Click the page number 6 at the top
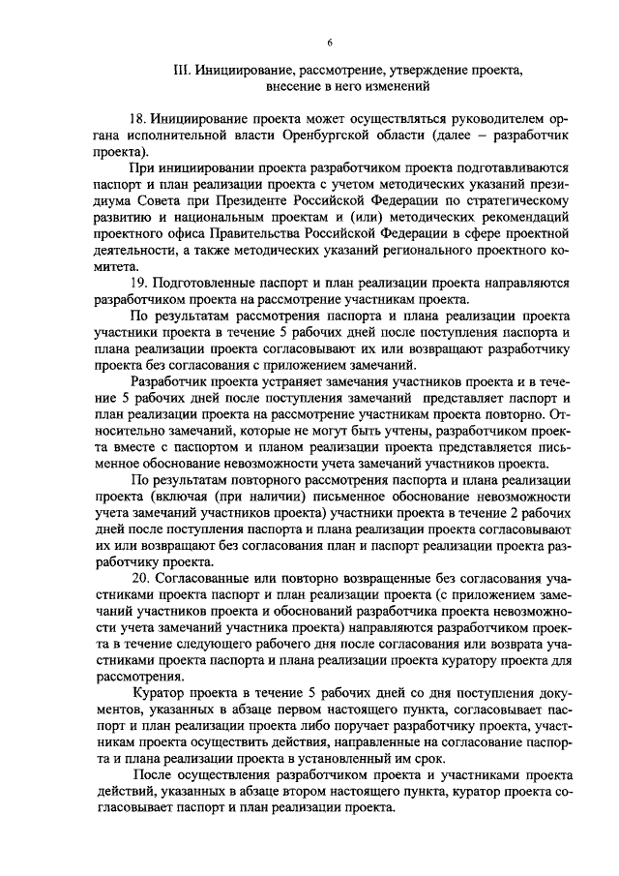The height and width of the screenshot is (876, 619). (330, 42)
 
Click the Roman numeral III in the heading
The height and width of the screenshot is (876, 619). (179, 71)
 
